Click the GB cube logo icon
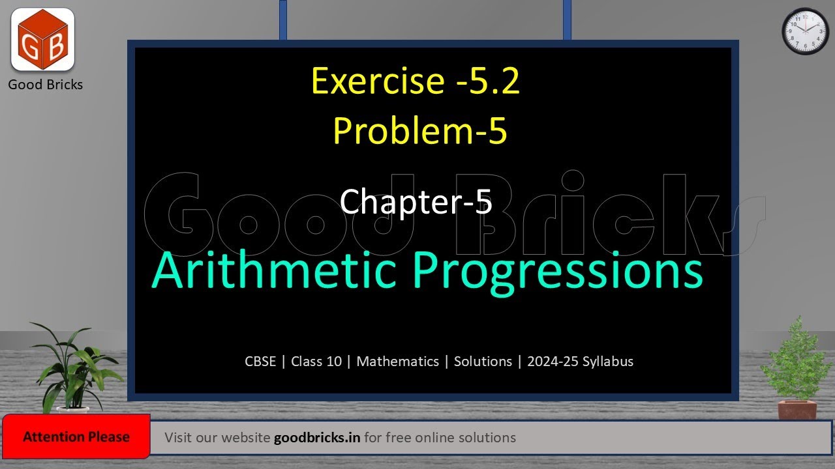coord(42,39)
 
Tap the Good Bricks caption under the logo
coord(45,85)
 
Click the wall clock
coord(805,31)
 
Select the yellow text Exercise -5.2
coord(416,81)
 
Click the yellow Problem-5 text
coord(419,130)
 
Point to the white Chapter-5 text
coord(416,201)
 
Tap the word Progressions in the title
coord(558,272)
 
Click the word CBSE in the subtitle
coord(260,362)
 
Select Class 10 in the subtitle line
coord(316,362)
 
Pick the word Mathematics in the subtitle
coord(397,362)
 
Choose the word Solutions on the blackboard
coord(483,362)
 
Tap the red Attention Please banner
coord(76,437)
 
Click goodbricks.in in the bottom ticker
coord(317,438)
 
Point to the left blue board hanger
coord(282,20)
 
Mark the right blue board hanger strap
coord(567,20)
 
